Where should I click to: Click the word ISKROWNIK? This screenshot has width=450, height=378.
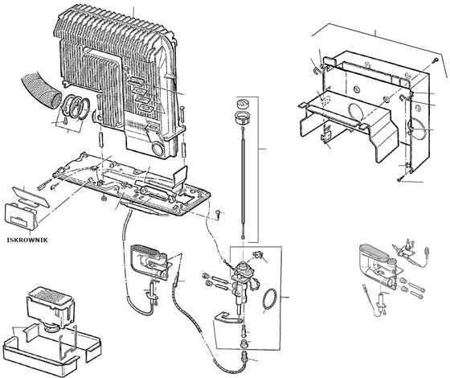[x=27, y=240]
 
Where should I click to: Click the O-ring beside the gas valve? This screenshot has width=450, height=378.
[x=269, y=301]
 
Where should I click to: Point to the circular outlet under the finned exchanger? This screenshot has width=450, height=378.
[x=158, y=149]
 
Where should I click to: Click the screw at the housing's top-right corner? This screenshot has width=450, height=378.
[x=436, y=60]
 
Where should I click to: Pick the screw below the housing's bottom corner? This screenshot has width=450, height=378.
[x=399, y=179]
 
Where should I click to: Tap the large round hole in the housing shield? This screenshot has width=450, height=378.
[x=356, y=113]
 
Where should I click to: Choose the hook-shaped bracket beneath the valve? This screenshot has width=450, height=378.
[x=228, y=317]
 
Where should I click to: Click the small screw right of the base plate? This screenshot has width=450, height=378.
[x=218, y=213]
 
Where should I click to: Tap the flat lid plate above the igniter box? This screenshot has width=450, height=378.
[x=31, y=197]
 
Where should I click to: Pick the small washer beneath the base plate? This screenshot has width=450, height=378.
[x=104, y=199]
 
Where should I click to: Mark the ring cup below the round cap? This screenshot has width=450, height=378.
[x=243, y=117]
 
